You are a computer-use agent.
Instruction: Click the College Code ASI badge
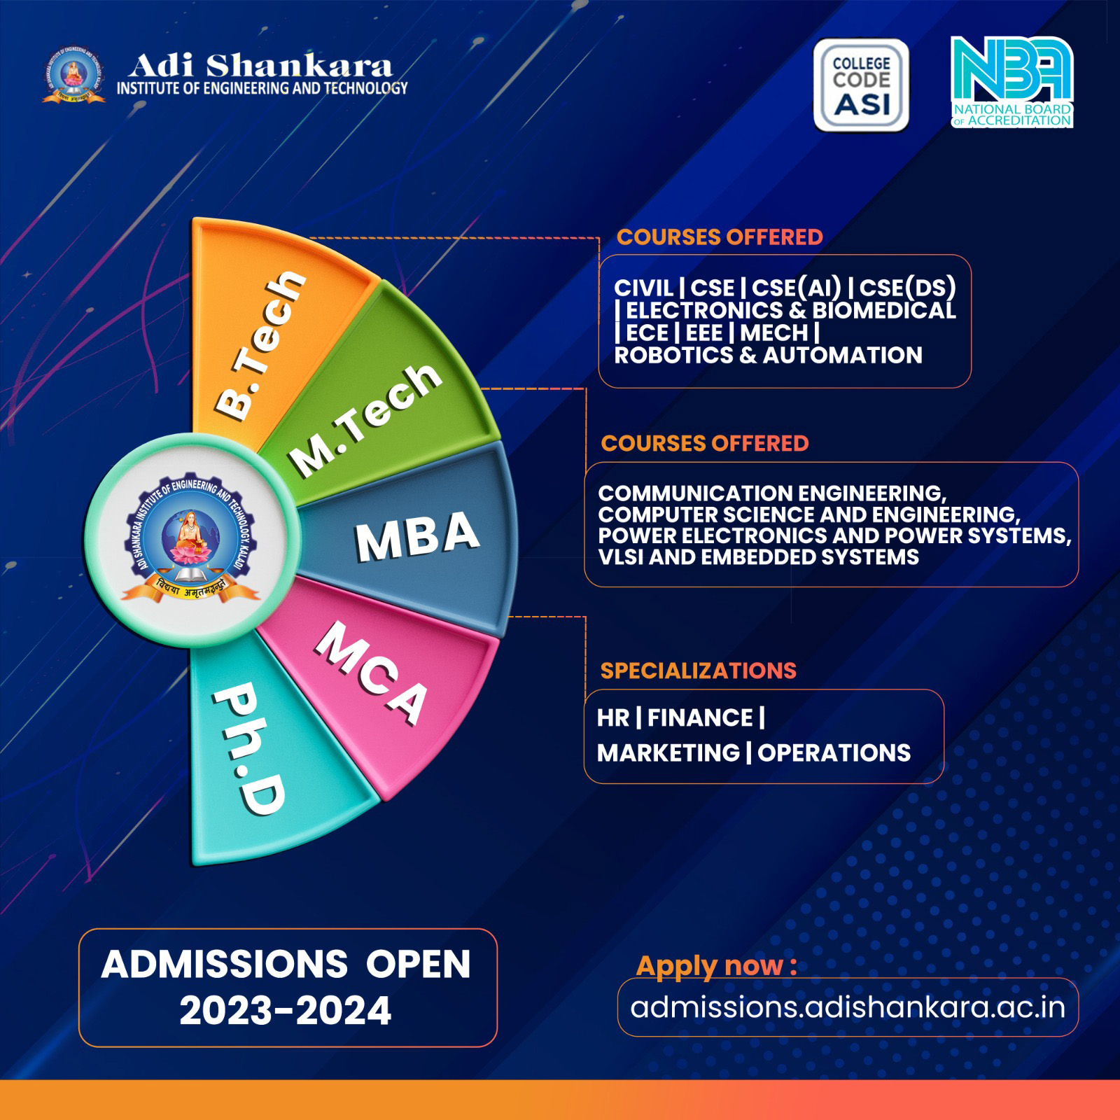click(x=861, y=85)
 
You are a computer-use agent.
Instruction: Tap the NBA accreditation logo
click(x=1011, y=82)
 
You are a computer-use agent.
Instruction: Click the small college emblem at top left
click(x=73, y=76)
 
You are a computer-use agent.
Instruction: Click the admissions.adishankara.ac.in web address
click(x=848, y=1007)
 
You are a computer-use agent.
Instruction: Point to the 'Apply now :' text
click(x=716, y=966)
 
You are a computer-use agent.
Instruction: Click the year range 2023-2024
click(x=285, y=1011)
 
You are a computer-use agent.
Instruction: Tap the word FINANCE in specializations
click(x=700, y=717)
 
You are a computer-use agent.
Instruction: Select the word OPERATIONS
click(x=834, y=752)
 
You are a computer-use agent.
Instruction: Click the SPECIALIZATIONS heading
click(x=698, y=671)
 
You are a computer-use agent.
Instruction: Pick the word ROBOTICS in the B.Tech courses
click(x=674, y=355)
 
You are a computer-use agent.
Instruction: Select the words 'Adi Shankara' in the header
click(x=260, y=66)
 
